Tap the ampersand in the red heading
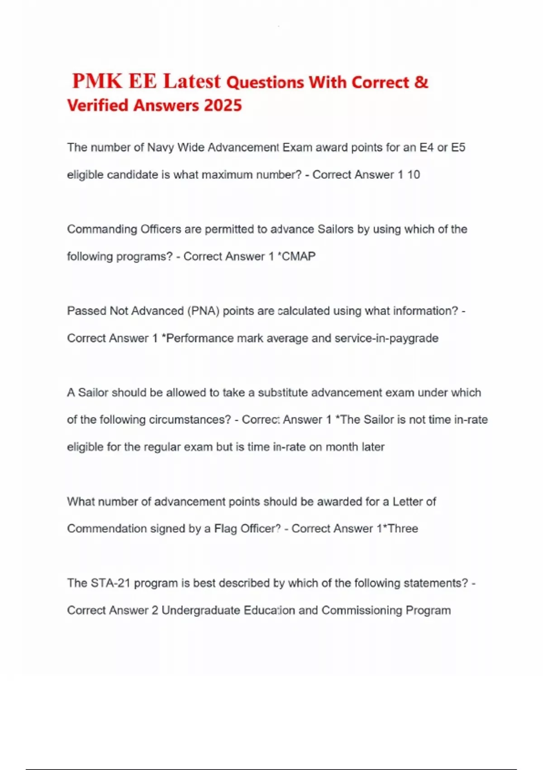click(x=421, y=82)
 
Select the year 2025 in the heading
click(x=223, y=106)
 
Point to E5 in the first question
click(x=458, y=148)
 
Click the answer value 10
click(x=414, y=175)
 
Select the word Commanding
click(x=102, y=229)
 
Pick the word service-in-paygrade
click(x=386, y=338)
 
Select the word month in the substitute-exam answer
click(x=342, y=447)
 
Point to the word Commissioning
click(x=362, y=611)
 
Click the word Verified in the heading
click(x=98, y=106)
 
